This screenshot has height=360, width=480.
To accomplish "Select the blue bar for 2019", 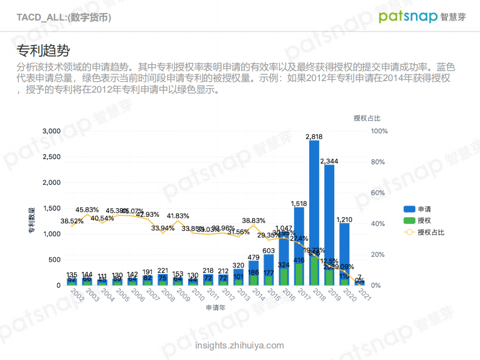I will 329,215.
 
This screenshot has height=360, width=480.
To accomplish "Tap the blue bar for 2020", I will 344,245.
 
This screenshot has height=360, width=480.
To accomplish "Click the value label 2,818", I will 314,136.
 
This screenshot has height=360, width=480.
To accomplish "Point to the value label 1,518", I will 299,203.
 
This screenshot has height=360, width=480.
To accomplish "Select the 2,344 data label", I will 329,161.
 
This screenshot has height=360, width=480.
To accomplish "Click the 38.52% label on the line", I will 72,221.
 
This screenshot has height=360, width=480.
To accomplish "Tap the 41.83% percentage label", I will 178,216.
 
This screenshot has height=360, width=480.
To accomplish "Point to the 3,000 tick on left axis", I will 51,131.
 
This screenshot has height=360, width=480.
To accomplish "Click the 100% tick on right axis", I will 379,131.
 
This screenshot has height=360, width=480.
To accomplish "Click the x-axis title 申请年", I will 216,308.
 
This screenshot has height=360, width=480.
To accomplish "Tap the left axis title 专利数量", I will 32,221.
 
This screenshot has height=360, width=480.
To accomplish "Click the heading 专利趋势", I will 43,51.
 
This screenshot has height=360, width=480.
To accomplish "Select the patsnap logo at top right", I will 422,17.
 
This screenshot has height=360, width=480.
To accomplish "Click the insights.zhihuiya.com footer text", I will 240,345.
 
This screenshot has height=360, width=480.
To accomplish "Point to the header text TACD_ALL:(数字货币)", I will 64,18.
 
